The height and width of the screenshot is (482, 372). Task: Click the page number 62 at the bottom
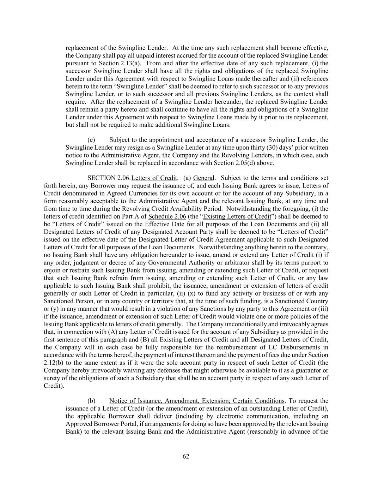coord(186,456)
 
